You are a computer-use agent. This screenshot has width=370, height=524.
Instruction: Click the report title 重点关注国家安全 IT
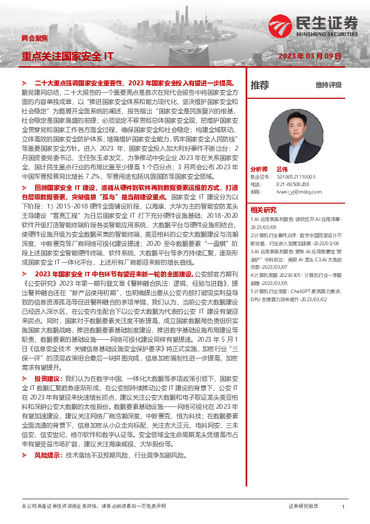pos(67,56)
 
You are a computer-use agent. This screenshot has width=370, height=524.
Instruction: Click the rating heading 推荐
pos(259,85)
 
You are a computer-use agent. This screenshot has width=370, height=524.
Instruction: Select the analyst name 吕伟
pos(282,169)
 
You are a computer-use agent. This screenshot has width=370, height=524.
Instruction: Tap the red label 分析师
pos(259,169)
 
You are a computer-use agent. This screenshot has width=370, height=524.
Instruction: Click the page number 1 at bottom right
pos(343,507)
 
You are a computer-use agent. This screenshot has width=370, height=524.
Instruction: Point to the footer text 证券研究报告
pos(303,507)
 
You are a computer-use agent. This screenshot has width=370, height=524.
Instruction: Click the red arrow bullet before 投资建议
pos(25,378)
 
